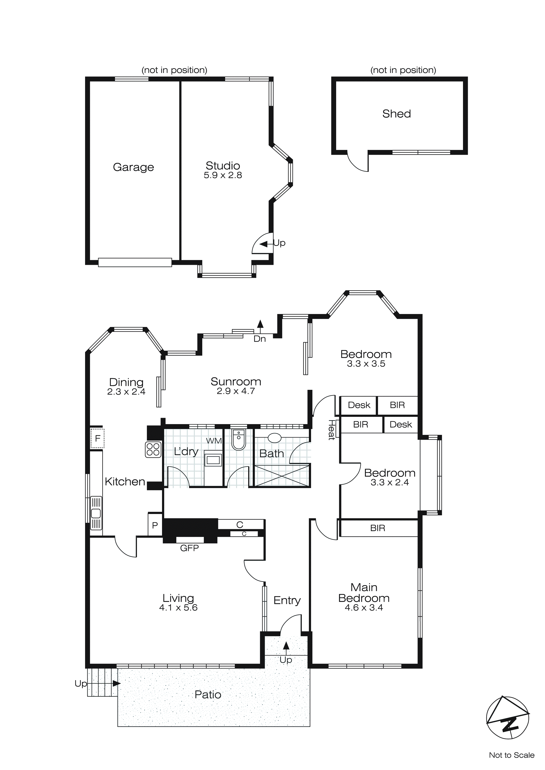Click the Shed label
396,114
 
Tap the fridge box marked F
97,438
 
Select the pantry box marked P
155,525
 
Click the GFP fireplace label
189,548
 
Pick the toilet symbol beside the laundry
239,440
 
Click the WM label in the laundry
214,441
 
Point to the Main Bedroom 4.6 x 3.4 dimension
364,607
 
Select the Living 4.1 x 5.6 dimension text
178,607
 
